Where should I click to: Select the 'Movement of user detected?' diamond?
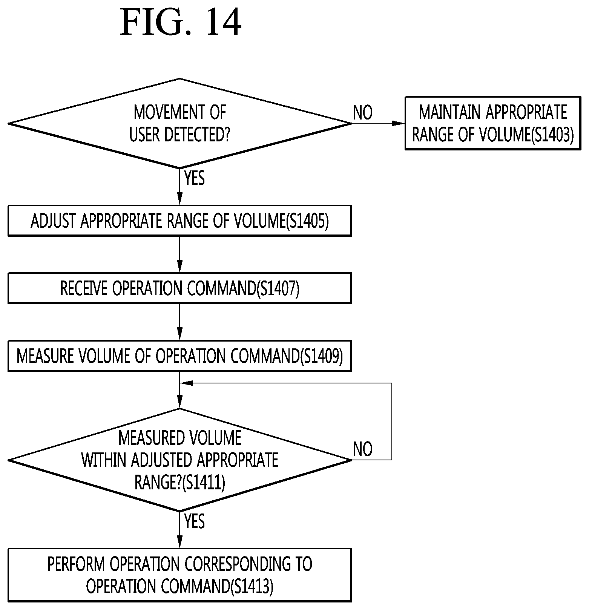pos(180,123)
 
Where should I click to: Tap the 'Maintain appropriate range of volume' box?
pos(493,123)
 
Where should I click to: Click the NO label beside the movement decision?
pos(363,112)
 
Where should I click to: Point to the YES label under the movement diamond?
pos(195,178)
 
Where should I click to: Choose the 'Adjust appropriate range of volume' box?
pos(180,221)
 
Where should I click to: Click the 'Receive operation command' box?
pos(180,288)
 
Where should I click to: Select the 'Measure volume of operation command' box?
pos(180,356)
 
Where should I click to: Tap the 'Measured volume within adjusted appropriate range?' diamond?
pos(180,460)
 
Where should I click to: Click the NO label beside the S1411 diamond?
pos(363,449)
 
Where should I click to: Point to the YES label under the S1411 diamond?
pos(195,521)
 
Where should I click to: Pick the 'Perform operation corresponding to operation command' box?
pos(180,575)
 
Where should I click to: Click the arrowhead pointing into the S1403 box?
pos(399,123)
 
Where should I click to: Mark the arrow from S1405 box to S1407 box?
pos(180,254)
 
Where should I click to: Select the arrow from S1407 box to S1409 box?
pos(180,322)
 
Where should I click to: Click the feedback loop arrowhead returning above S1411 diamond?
pos(187,383)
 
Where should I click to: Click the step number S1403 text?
pos(552,135)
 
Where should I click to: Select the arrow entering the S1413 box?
pos(180,530)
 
